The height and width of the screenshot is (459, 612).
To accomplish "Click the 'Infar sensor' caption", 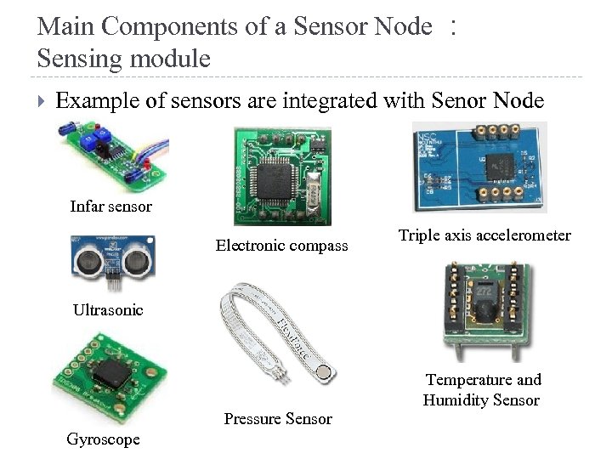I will point(110,207).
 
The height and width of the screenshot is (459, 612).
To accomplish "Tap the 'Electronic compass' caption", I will point(281,246).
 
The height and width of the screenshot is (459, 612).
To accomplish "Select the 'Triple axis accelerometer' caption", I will point(484,235).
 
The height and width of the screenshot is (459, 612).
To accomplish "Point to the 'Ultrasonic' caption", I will point(108,310).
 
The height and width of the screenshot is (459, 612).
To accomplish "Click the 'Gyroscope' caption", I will point(103,439).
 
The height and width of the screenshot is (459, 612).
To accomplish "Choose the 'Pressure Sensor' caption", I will point(278,418).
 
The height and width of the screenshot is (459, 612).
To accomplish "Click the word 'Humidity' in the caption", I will point(456,400).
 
